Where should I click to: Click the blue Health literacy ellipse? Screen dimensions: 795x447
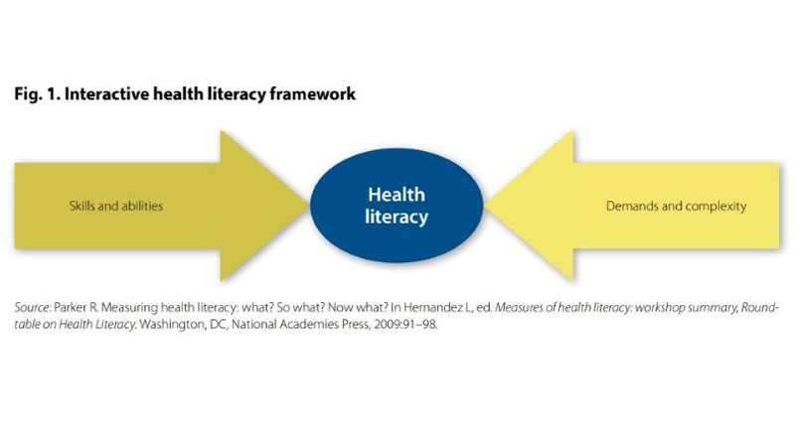[x=397, y=206]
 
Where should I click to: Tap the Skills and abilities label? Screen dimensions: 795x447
[x=116, y=206]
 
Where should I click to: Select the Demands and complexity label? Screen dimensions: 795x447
[x=677, y=207]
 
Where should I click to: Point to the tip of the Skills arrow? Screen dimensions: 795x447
[x=308, y=206]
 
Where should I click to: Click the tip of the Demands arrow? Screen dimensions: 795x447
[x=485, y=206]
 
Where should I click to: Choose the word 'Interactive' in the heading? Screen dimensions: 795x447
[x=106, y=94]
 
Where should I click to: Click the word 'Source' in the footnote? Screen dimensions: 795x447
[x=32, y=308]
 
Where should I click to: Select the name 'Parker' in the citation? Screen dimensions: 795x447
[x=71, y=308]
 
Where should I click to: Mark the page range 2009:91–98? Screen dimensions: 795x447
[x=405, y=325]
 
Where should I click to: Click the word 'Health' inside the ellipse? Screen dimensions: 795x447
[x=397, y=195]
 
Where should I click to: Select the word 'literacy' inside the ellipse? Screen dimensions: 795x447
[x=397, y=217]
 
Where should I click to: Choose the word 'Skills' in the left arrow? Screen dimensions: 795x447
[x=82, y=206]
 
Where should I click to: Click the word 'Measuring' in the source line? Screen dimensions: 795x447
[x=130, y=308]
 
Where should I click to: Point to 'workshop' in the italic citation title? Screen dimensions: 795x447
[x=660, y=308]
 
